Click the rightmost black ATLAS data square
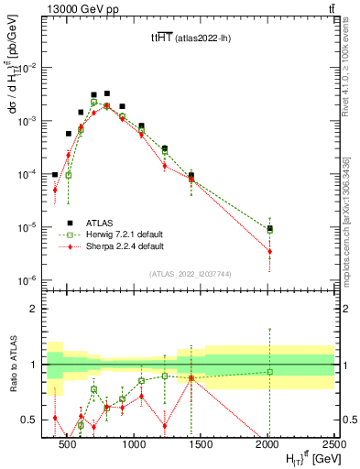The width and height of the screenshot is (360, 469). [270, 228]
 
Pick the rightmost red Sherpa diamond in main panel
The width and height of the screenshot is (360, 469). [270, 251]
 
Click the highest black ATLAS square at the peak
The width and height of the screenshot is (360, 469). [107, 93]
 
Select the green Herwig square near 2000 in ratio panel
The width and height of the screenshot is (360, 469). [270, 371]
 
